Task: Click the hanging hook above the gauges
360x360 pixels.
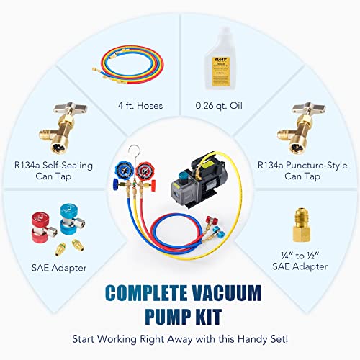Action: coord(148,150)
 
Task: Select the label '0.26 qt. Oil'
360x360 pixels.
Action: coord(217,106)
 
